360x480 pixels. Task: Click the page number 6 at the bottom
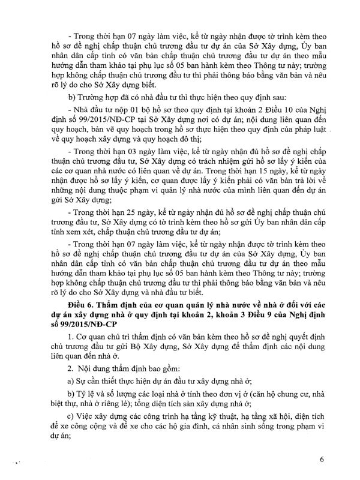click(x=322, y=460)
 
